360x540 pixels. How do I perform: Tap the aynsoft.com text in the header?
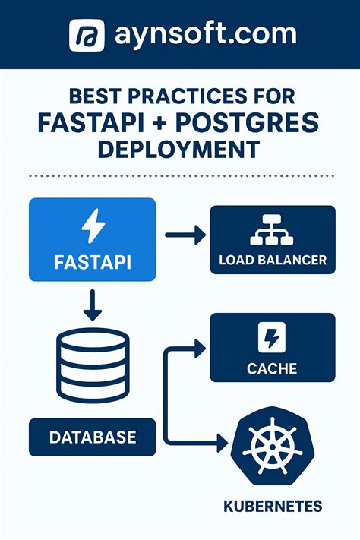(x=204, y=34)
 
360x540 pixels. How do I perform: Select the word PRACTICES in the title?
(x=188, y=98)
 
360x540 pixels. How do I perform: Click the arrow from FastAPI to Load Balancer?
(x=186, y=235)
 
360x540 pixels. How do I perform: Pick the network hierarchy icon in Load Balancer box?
(x=272, y=230)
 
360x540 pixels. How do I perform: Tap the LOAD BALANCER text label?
(x=272, y=260)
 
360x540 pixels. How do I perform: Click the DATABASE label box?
(x=92, y=437)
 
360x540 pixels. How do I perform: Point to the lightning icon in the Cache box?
(x=272, y=337)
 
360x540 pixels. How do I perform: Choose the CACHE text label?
(x=272, y=369)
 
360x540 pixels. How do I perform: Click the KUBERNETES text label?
(x=273, y=506)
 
